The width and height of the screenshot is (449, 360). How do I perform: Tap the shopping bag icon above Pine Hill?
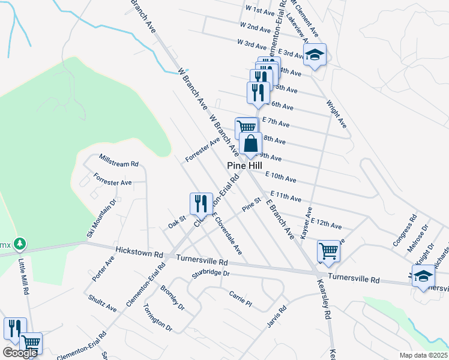(x=250, y=144)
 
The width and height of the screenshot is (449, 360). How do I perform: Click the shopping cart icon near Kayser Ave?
(x=328, y=252)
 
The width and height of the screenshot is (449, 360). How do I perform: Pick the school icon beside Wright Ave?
(x=314, y=56)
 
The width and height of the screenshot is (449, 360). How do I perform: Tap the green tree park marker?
(x=20, y=244)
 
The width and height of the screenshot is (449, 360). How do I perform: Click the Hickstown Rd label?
(x=139, y=250)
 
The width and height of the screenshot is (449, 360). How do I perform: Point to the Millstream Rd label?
(x=119, y=161)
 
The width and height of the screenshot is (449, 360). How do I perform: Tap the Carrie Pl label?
(x=240, y=297)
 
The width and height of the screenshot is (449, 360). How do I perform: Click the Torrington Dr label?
(x=158, y=317)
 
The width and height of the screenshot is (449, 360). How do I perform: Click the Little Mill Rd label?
(x=24, y=277)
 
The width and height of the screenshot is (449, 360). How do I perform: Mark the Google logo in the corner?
(x=19, y=353)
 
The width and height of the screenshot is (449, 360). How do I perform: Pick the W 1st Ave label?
(x=260, y=11)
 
